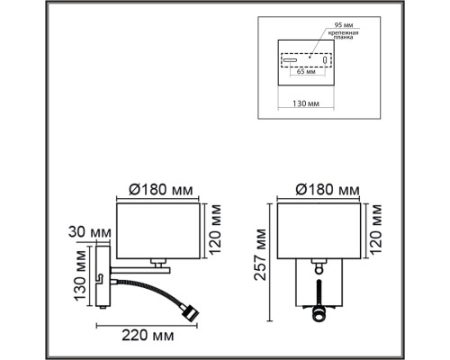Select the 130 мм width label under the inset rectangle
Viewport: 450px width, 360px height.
coord(307,104)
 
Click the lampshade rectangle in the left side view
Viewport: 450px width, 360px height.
coord(163,229)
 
